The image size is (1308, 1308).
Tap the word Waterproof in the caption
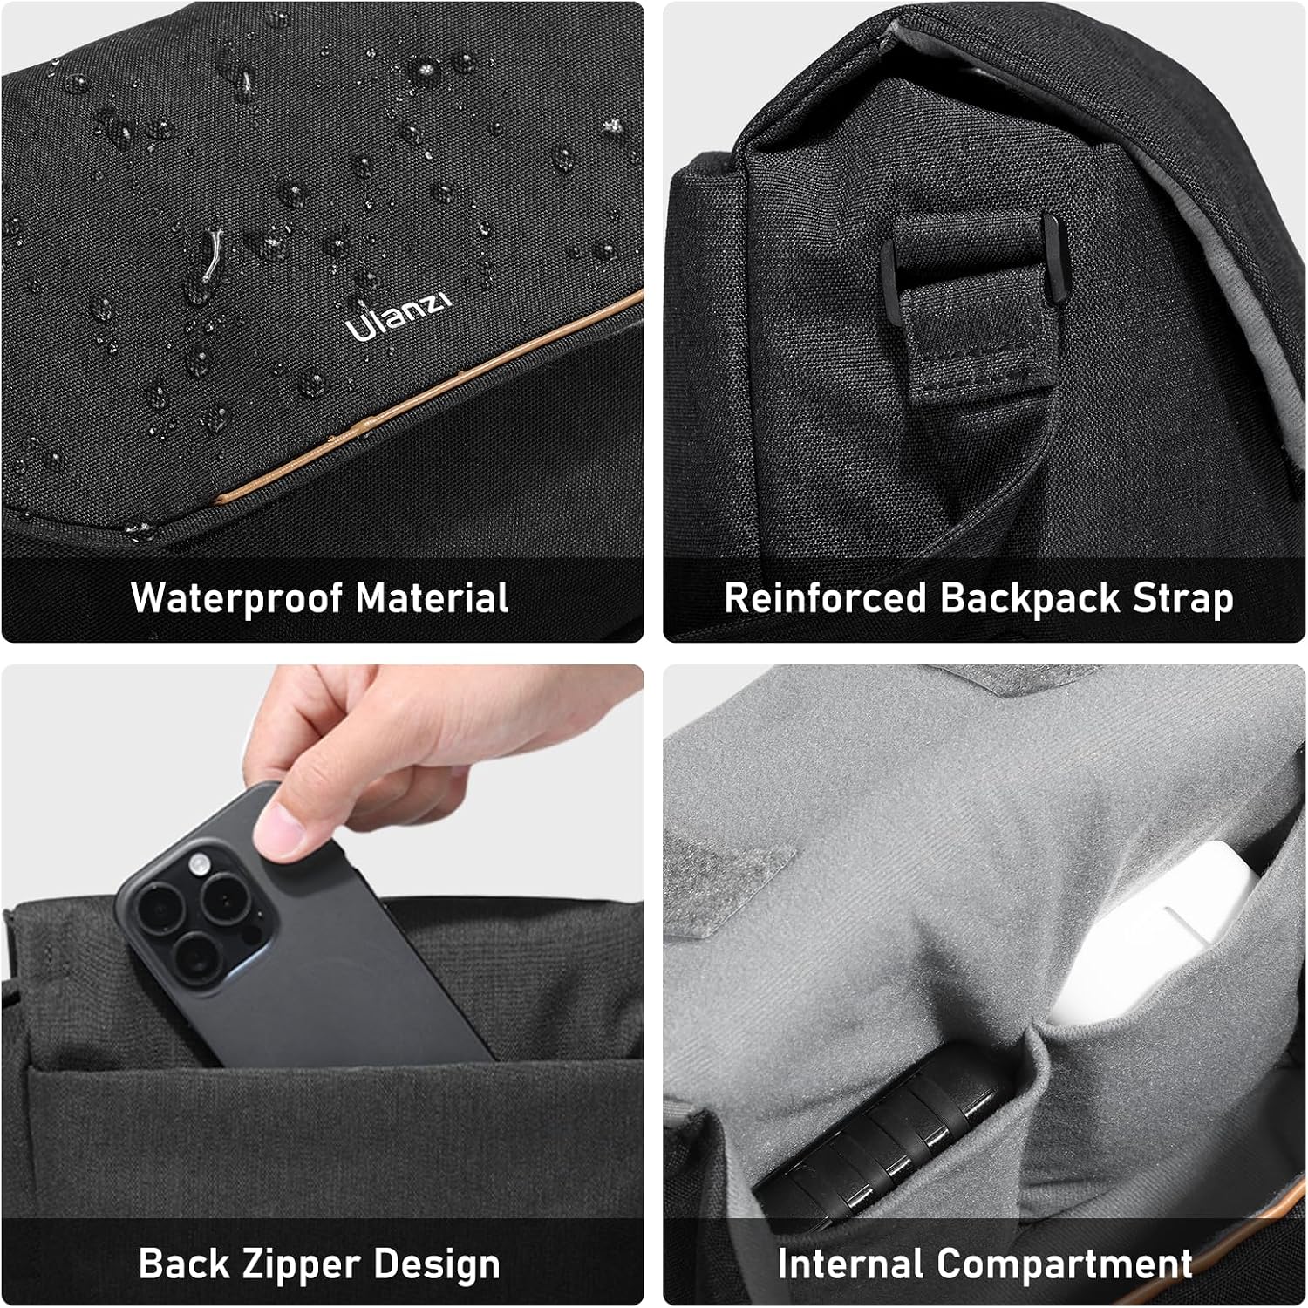tap(236, 598)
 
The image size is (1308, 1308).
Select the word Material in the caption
tap(432, 598)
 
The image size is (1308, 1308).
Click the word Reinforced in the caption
tap(825, 598)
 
